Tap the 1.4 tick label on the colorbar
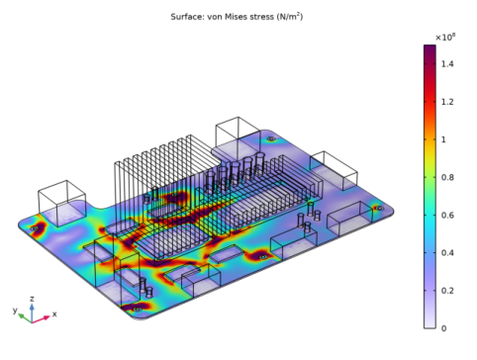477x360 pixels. click(447, 64)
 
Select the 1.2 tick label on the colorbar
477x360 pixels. click(447, 102)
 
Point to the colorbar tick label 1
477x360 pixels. click(443, 139)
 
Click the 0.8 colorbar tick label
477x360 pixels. click(447, 177)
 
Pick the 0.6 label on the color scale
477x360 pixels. click(447, 216)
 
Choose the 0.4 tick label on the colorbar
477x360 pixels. click(447, 253)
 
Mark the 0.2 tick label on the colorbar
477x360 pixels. click(447, 291)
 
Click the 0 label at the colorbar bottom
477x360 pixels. click(443, 328)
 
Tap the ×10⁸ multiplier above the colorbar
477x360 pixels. click(445, 37)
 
